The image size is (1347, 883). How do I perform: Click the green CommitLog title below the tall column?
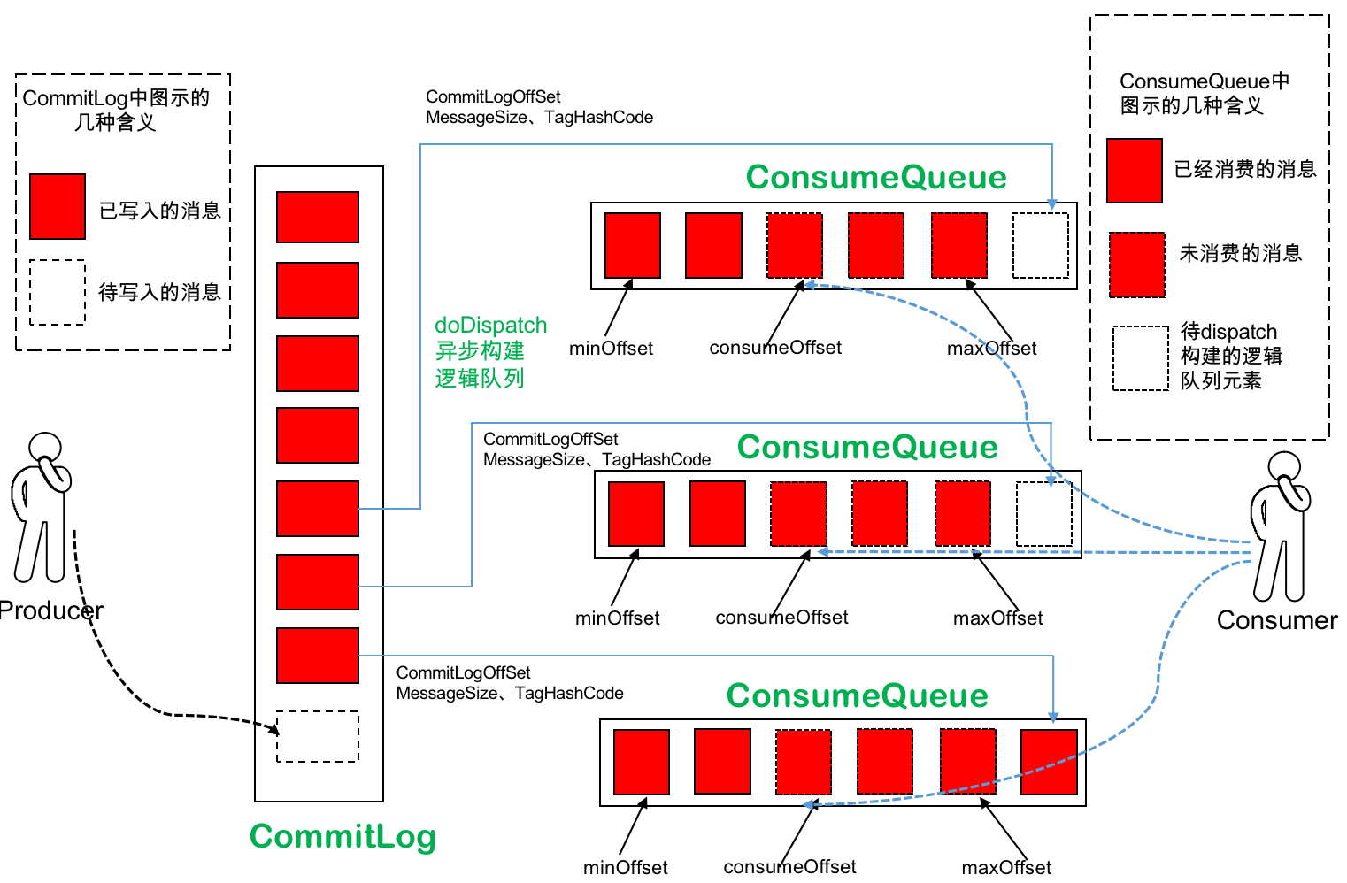pyautogui.click(x=343, y=836)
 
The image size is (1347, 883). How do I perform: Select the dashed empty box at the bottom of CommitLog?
pyautogui.click(x=318, y=736)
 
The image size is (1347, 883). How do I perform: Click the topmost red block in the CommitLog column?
pyautogui.click(x=318, y=217)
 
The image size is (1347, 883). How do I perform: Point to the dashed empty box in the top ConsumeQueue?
pyautogui.click(x=1040, y=245)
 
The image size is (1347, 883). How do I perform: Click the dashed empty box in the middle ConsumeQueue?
pyautogui.click(x=1044, y=513)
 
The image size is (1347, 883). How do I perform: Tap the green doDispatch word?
pyautogui.click(x=490, y=326)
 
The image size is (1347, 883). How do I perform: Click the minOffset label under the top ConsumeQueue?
pyautogui.click(x=611, y=348)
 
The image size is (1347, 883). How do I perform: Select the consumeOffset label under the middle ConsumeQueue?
pyautogui.click(x=781, y=618)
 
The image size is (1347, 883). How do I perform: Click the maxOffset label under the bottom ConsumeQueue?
pyautogui.click(x=1006, y=867)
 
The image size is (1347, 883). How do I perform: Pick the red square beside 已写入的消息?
pyautogui.click(x=58, y=206)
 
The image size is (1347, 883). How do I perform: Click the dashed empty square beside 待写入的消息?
pyautogui.click(x=58, y=292)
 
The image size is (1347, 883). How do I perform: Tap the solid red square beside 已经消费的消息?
pyautogui.click(x=1134, y=171)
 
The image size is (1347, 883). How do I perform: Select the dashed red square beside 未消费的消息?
pyautogui.click(x=1137, y=265)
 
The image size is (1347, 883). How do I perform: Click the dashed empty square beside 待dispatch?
pyautogui.click(x=1140, y=358)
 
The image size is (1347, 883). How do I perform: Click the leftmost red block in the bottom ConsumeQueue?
pyautogui.click(x=641, y=762)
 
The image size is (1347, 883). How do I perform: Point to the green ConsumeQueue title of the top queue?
pyautogui.click(x=876, y=177)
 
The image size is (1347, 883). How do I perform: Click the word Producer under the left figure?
pyautogui.click(x=51, y=610)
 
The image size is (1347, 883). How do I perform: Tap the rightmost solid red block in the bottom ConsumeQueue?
pyautogui.click(x=1049, y=762)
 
